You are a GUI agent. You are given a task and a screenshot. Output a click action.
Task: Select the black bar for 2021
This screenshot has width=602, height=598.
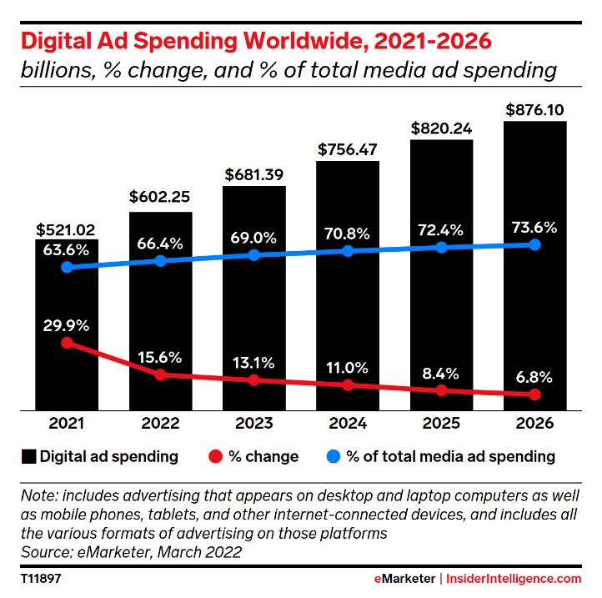tap(67, 367)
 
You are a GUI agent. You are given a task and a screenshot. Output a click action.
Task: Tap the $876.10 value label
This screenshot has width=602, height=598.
tap(535, 109)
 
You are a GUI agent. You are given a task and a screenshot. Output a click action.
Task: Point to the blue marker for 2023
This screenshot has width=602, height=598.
tap(254, 255)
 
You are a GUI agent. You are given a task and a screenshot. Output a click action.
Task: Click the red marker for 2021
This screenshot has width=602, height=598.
tap(67, 343)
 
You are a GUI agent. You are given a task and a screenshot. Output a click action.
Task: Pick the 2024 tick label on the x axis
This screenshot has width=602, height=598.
tap(348, 424)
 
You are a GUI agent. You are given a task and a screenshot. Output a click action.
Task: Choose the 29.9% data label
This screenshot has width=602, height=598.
tap(67, 324)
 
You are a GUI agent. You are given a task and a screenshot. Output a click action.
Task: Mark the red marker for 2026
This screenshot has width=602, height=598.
tap(535, 394)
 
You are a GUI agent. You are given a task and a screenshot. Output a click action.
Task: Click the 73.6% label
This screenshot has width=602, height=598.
tap(535, 227)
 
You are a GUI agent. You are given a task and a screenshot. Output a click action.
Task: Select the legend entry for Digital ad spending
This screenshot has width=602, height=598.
tap(99, 456)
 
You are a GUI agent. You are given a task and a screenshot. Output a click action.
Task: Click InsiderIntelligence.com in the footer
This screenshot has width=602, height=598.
tap(514, 578)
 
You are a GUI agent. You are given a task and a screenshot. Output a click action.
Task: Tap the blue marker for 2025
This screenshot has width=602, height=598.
tap(442, 248)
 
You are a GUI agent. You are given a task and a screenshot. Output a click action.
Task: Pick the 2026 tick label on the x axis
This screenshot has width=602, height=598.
tap(535, 424)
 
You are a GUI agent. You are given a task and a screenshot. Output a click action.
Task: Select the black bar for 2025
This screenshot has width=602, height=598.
tap(442, 317)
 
